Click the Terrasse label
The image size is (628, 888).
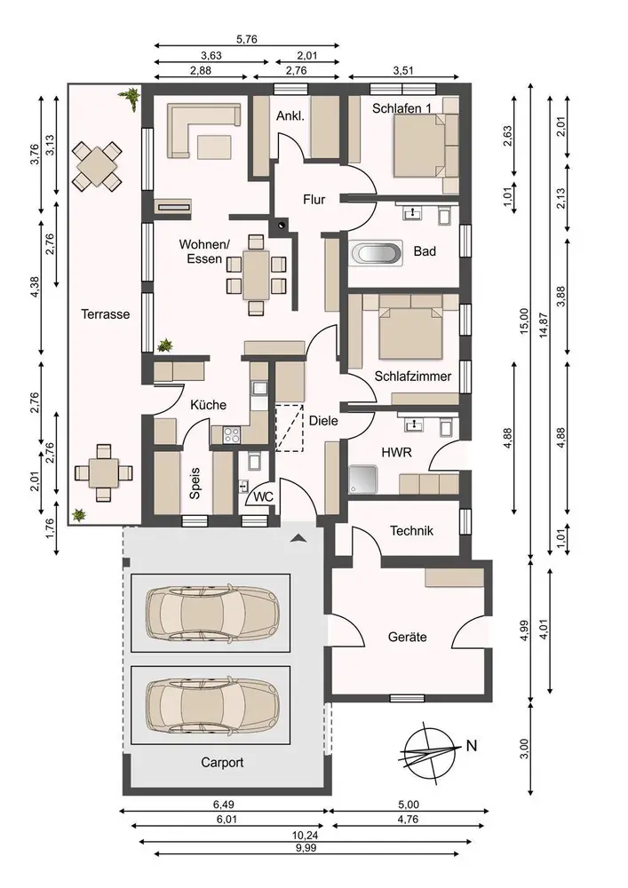pos(106,313)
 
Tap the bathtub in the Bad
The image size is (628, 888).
pos(377,252)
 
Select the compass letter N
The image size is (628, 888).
pos(471,745)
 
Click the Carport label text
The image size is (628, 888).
pos(222,763)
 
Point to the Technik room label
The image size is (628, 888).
pos(411,531)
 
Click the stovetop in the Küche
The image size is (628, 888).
pos(232,434)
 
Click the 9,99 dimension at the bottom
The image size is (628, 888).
pos(306,848)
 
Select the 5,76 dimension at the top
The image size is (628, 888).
pos(247,40)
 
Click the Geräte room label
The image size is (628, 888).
pos(407,637)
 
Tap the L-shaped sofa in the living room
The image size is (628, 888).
pos(203,130)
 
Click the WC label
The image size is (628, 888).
pos(263,496)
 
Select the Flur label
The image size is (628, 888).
pos(314,199)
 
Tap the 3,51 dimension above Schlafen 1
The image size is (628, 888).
pos(403,70)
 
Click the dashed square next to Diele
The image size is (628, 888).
pos(290,428)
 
